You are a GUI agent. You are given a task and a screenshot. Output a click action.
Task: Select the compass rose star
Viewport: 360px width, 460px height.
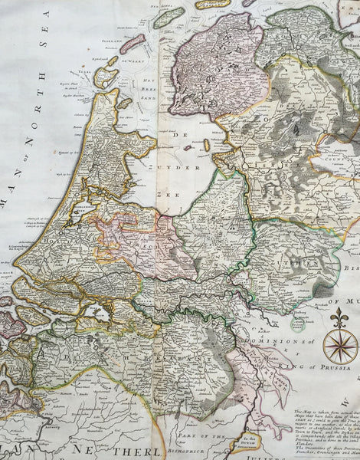click(x=340, y=346)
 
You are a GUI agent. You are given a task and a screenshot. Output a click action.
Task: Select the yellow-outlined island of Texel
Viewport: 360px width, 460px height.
click(x=106, y=77)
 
